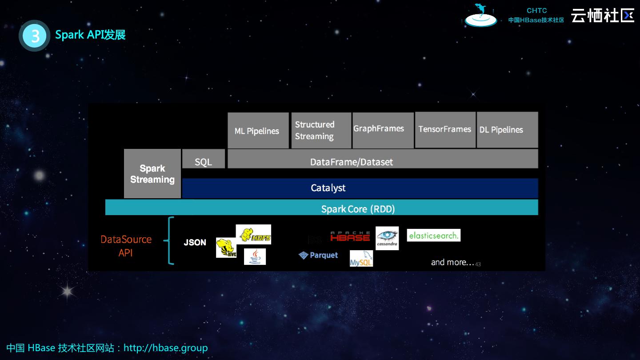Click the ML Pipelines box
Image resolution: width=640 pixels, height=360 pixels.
click(x=258, y=130)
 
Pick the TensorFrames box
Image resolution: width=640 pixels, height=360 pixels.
click(x=445, y=130)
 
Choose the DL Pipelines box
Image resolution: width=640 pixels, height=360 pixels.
click(x=507, y=130)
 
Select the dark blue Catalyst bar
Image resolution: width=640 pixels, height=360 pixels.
click(x=360, y=188)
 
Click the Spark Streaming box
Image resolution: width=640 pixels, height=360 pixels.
click(x=152, y=174)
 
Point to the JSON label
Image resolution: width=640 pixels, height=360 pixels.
click(x=195, y=243)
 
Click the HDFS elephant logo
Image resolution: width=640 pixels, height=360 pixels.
click(x=253, y=235)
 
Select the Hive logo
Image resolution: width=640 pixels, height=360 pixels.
click(x=226, y=248)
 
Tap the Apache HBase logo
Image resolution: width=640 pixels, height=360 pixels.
click(x=350, y=236)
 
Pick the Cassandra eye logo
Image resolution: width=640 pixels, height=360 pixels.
click(x=387, y=238)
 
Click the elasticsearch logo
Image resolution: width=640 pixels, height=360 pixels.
click(x=433, y=236)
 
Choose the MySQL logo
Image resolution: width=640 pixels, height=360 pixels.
click(x=361, y=259)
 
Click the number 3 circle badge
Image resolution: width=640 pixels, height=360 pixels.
click(x=35, y=36)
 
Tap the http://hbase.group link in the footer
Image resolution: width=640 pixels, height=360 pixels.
click(x=165, y=348)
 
